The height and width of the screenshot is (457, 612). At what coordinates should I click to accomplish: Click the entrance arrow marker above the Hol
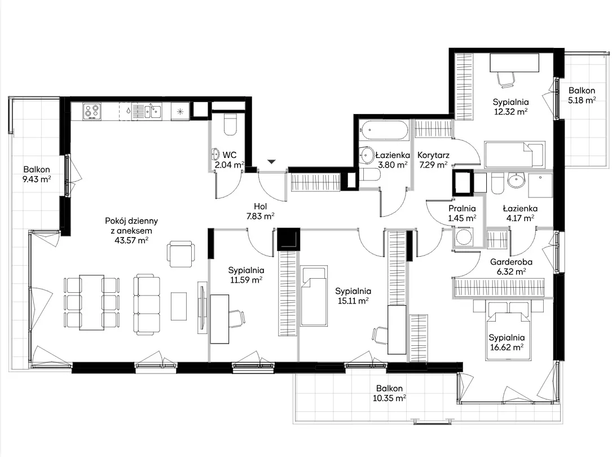272,161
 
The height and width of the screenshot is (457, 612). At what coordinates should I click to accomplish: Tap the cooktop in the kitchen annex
92,111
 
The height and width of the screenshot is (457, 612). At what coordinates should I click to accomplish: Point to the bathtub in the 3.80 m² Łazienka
384,130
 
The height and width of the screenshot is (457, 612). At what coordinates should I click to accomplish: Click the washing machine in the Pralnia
464,237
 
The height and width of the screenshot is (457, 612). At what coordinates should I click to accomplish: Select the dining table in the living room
92,302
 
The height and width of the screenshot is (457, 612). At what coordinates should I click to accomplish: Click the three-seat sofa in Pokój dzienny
147,305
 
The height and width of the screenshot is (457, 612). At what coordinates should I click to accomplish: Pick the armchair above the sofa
180,254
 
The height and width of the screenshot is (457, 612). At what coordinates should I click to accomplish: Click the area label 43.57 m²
131,240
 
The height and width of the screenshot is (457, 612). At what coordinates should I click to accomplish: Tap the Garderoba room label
511,262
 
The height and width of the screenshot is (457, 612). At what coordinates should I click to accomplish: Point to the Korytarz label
433,155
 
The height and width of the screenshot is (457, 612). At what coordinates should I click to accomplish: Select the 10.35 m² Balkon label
389,393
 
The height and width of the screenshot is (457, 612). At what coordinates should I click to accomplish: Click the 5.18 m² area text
582,100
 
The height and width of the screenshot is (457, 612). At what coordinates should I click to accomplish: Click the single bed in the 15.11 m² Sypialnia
314,296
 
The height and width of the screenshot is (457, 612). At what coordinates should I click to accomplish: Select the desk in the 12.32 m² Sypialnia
514,63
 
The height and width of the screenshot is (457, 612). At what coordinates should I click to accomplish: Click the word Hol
261,206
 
